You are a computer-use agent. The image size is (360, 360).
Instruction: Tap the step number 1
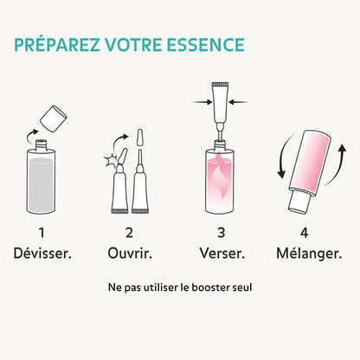41,232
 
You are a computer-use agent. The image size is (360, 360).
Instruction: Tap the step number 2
129,232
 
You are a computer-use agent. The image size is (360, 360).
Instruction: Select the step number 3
221,232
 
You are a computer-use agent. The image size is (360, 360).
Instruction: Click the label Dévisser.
41,252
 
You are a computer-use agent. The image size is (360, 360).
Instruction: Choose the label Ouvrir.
129,252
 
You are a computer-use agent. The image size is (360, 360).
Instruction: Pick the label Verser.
221,252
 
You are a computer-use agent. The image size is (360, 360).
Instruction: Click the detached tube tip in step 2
141,139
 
